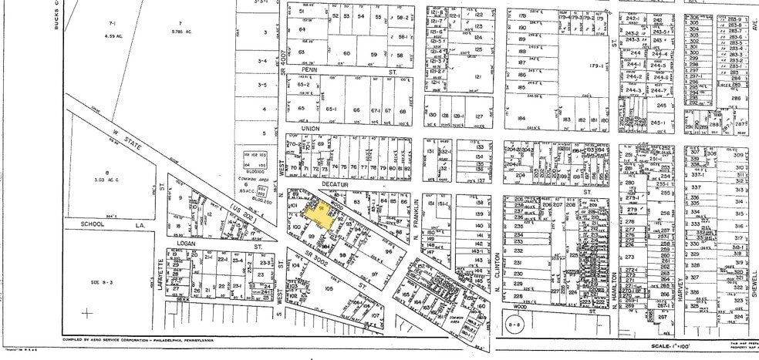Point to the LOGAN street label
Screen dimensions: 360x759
[x=187, y=244]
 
